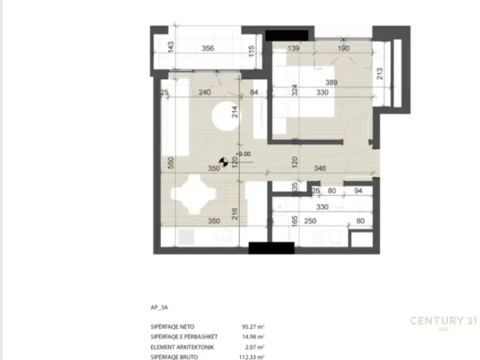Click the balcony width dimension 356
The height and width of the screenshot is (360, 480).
[207, 49]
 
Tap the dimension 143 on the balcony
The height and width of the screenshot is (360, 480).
[170, 46]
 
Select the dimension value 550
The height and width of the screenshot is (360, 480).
[170, 161]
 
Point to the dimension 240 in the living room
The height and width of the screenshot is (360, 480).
[204, 93]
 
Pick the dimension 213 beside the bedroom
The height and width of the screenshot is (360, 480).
[379, 75]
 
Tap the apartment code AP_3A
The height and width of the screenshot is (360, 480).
[159, 304]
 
